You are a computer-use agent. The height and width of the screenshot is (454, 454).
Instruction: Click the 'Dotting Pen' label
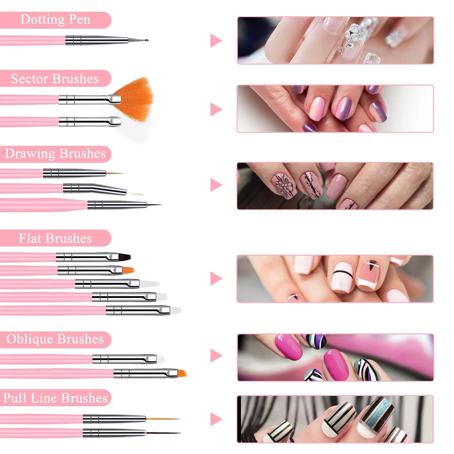coord(55,20)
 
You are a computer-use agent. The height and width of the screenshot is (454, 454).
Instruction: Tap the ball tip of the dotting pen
coord(146,40)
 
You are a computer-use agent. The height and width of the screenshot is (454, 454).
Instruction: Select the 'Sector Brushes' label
coord(55,79)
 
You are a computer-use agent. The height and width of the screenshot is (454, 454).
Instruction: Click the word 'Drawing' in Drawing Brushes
coord(30,154)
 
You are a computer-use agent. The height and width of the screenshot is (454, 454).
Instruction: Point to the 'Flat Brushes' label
coord(55,238)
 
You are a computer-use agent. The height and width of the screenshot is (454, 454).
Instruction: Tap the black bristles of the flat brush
coord(124,257)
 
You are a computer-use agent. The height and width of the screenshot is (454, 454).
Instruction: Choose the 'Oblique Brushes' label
coord(55,339)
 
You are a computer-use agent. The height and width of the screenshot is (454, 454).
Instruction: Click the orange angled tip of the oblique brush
coord(182,373)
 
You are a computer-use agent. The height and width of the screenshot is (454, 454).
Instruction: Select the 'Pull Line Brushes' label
coord(55,398)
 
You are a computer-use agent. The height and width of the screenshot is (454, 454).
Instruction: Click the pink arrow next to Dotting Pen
coord(216,41)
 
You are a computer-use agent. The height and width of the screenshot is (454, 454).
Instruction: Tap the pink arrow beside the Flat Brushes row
coord(216,278)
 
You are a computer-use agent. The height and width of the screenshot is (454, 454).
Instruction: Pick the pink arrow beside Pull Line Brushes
coord(216,419)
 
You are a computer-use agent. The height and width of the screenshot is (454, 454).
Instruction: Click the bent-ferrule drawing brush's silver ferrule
coord(94,189)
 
